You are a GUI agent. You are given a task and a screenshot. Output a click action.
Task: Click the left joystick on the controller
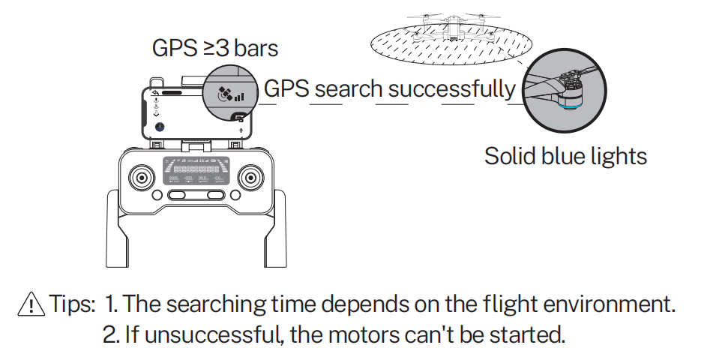click(140, 178)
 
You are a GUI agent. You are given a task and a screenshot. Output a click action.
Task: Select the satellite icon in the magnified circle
click(223, 94)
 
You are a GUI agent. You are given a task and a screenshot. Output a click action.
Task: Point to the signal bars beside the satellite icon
click(238, 96)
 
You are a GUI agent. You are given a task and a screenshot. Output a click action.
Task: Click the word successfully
click(452, 89)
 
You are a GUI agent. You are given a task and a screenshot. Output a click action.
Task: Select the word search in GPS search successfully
click(349, 89)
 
